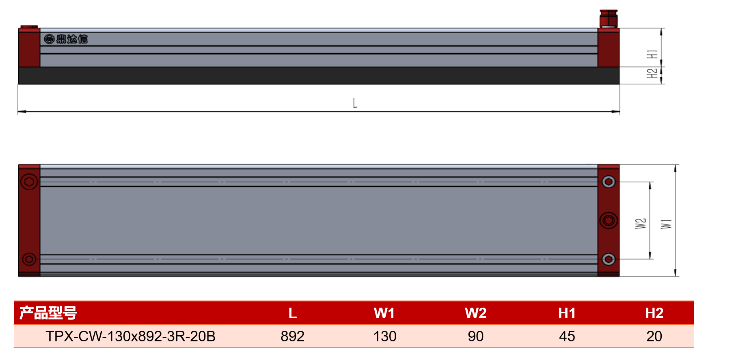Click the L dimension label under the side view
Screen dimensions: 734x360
point(355,103)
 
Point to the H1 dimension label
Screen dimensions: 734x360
point(652,54)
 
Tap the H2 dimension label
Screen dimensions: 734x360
point(652,73)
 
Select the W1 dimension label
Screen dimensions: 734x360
point(666,224)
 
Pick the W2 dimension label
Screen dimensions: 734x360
point(641,224)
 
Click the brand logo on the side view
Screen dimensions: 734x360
point(66,39)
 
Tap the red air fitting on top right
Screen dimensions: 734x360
point(608,19)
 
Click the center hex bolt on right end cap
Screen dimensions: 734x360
point(609,220)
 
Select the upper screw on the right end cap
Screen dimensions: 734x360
point(609,182)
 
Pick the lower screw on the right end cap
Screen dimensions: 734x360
point(609,259)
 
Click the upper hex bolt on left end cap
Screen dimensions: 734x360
point(29,181)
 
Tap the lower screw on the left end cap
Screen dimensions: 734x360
point(29,259)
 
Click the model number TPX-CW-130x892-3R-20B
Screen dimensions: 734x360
point(130,336)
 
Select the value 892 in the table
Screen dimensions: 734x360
point(292,336)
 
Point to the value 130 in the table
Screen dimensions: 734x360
point(385,336)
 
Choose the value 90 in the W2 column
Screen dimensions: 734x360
point(475,336)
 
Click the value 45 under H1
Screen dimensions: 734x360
point(567,336)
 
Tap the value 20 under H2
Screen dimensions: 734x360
point(654,336)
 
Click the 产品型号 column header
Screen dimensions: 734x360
point(48,313)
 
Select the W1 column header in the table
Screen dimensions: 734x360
point(384,313)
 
